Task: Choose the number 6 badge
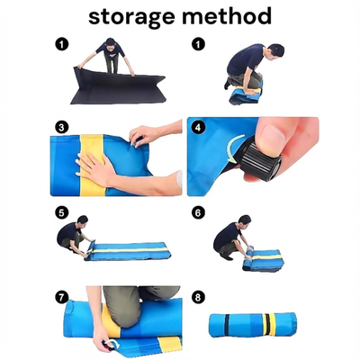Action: tap(198, 213)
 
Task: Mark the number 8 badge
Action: tap(198, 297)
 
